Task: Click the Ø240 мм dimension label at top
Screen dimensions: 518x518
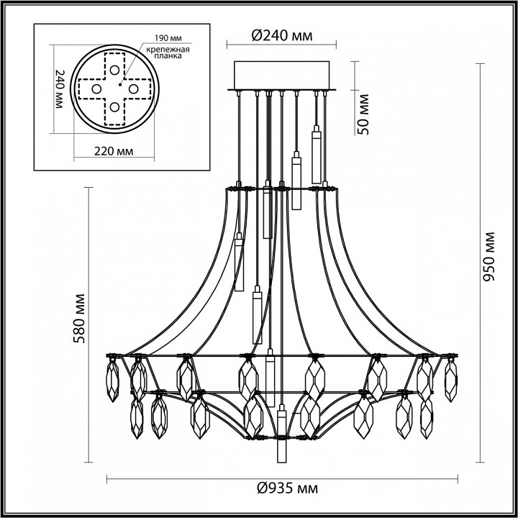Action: click(276, 35)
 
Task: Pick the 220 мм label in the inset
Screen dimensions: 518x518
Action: click(113, 152)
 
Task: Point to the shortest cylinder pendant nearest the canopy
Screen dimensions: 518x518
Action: click(315, 147)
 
